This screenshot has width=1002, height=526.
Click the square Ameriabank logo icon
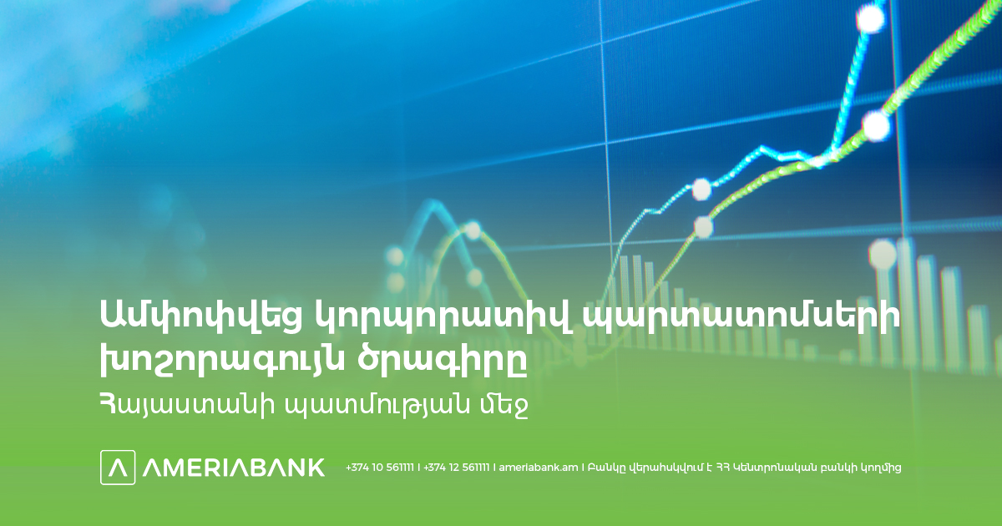pos(118,468)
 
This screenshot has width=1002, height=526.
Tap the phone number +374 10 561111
pos(380,468)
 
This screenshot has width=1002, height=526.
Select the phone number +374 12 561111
pos(457,468)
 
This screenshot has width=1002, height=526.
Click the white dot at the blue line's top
pos(870,18)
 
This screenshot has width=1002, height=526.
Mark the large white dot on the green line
pos(876,126)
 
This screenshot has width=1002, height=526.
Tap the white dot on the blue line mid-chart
pos(701,190)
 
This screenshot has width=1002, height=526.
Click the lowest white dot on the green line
pos(704,227)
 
